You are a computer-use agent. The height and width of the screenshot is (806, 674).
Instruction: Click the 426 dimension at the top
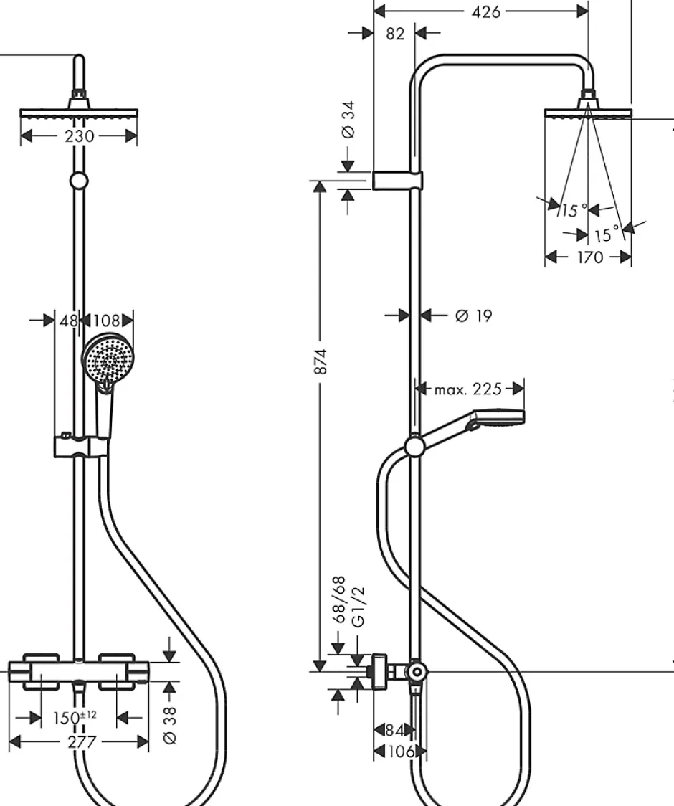485,11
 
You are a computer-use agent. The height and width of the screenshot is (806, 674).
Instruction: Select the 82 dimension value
395,34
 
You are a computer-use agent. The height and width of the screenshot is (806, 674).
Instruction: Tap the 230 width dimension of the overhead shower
79,136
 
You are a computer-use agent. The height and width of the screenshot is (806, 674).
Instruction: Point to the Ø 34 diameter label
348,119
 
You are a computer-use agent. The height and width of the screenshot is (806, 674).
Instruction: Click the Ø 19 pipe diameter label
473,315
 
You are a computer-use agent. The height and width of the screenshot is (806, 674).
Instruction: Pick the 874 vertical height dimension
321,361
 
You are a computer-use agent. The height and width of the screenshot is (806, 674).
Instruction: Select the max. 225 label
467,389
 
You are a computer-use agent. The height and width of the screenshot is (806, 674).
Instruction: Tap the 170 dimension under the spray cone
590,257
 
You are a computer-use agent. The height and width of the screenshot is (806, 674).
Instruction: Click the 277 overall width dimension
82,741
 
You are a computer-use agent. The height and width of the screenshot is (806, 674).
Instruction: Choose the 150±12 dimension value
75,717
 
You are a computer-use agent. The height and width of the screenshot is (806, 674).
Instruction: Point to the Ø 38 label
169,725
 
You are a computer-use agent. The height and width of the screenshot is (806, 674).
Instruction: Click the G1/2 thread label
358,607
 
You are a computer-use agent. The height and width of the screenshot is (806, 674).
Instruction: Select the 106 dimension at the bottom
401,752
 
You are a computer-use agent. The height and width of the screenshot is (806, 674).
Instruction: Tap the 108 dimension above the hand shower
106,321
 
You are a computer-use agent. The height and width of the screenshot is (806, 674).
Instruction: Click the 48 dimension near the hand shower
69,321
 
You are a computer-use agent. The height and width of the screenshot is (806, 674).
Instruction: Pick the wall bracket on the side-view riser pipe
397,181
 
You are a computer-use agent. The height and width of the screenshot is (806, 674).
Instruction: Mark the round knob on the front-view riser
78,181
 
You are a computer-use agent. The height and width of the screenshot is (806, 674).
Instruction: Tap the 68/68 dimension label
339,600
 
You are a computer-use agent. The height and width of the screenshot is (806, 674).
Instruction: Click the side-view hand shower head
497,418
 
